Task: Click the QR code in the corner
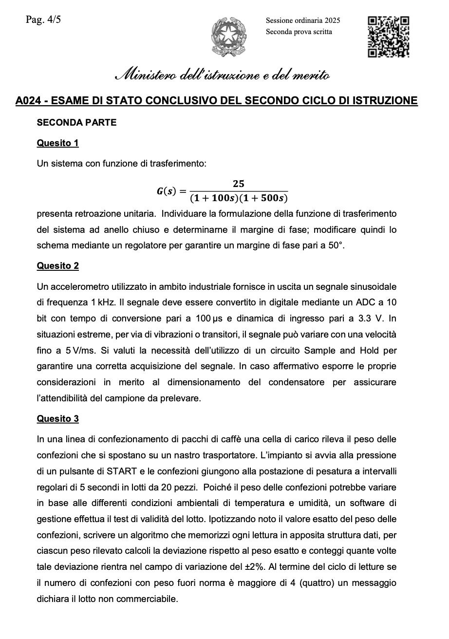point(388,37)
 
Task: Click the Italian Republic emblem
point(228,37)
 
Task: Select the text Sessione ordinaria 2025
point(303,20)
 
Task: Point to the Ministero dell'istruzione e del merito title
point(222,75)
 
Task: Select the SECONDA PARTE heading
point(76,123)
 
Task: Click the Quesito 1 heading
point(57,143)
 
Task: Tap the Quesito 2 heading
point(57,266)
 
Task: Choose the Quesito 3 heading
point(57,419)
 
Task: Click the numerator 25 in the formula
point(238,184)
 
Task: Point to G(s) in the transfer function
point(166,191)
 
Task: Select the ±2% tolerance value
point(252,567)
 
